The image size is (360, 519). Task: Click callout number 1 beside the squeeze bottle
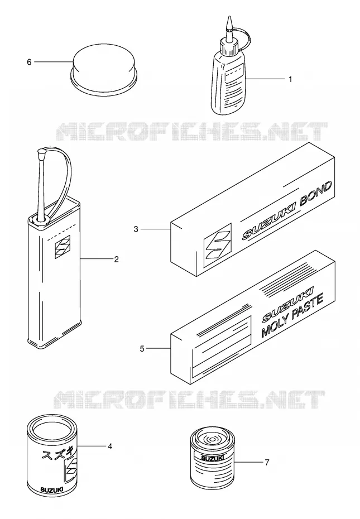290,79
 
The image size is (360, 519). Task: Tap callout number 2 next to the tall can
116,259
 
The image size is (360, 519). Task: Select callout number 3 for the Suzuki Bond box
136,229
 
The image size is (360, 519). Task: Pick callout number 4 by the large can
109,446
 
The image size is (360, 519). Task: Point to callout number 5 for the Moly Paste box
142,349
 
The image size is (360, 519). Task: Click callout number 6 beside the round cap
29,62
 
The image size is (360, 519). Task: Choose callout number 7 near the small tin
267,462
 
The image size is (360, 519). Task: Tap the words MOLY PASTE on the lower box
292,316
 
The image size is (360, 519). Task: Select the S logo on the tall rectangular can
63,247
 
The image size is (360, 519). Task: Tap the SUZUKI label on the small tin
212,458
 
